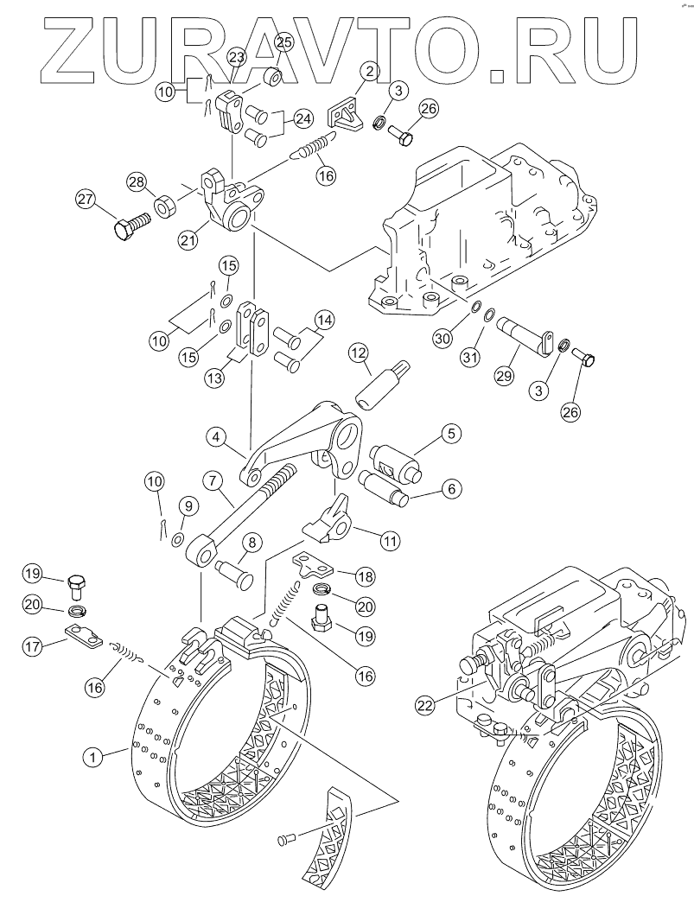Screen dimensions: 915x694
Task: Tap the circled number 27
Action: pos(84,198)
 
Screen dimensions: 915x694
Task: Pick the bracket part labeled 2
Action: pos(347,117)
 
